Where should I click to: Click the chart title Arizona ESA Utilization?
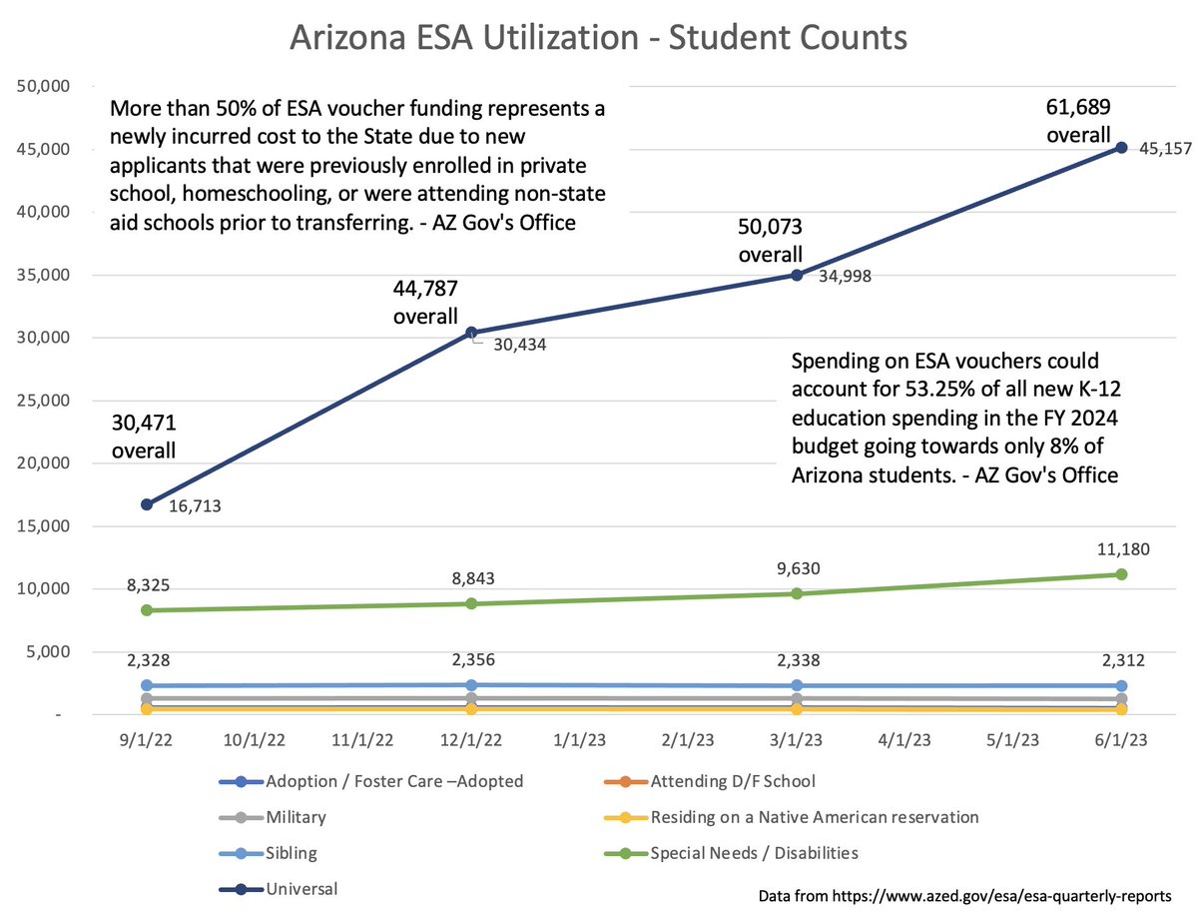point(598,37)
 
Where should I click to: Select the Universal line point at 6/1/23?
point(1121,147)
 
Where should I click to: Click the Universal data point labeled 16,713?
point(147,504)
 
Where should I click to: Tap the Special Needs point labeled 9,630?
point(797,593)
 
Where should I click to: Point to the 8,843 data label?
point(471,579)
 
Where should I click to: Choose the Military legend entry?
point(296,817)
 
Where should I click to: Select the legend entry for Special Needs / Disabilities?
point(754,853)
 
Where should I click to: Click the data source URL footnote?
point(972,895)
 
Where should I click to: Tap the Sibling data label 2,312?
point(1122,660)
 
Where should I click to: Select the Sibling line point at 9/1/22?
point(147,685)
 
